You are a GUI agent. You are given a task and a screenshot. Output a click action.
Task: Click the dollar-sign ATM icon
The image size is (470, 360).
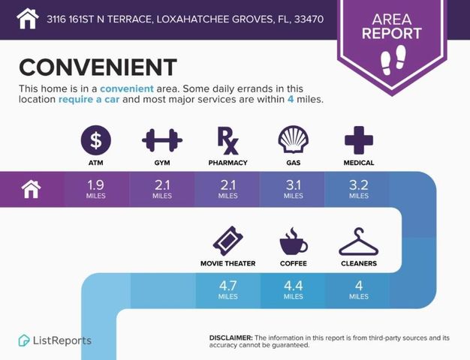click(x=96, y=139)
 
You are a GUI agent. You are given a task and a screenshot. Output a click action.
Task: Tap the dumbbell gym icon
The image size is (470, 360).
click(x=162, y=139)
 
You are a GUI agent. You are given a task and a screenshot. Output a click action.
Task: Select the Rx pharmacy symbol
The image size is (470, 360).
click(x=227, y=139)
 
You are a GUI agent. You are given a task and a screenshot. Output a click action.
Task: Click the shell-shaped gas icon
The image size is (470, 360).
click(x=293, y=139)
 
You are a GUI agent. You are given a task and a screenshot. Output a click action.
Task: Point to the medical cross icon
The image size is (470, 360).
click(x=359, y=139)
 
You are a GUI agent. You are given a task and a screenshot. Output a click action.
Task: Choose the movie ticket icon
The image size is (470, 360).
click(x=227, y=241)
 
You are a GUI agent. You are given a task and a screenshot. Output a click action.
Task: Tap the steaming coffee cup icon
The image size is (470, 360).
click(x=293, y=241)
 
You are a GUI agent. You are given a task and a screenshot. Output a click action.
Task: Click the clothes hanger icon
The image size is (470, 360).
click(x=358, y=241)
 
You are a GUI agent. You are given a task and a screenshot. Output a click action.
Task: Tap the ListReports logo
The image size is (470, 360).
click(x=56, y=340)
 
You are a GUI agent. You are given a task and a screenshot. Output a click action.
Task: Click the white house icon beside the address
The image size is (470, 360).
click(x=27, y=17)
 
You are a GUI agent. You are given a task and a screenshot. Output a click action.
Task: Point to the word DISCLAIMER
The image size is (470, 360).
click(x=231, y=338)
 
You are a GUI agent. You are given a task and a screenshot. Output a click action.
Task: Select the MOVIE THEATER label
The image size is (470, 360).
click(x=227, y=263)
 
